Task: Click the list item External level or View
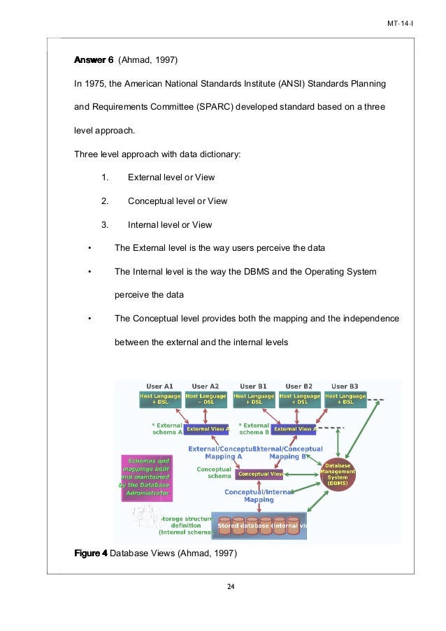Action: pos(171,177)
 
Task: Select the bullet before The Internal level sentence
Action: pos(89,271)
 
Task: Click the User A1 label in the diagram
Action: pos(159,386)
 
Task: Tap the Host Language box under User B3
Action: pos(345,399)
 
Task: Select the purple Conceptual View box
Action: pos(259,474)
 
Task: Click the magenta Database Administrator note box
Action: pos(146,477)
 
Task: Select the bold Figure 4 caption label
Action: pos(91,553)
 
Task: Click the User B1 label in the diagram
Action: pos(253,386)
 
